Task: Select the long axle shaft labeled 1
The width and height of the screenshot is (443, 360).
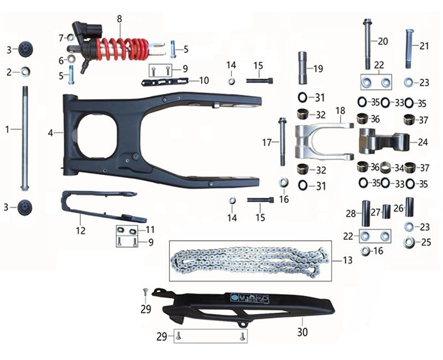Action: tap(25, 138)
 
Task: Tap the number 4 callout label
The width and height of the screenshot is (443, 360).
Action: tap(50, 132)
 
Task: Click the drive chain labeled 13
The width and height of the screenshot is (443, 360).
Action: tap(248, 261)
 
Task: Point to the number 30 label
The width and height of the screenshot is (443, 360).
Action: tap(302, 332)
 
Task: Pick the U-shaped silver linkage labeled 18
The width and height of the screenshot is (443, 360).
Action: tap(323, 141)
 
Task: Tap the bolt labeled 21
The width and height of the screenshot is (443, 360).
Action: tap(410, 49)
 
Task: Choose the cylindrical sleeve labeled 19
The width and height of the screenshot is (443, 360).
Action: tap(303, 68)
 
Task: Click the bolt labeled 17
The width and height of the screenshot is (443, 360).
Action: tap(282, 142)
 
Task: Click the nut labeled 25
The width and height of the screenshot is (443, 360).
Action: tap(409, 243)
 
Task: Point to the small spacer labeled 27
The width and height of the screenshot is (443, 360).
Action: tap(386, 212)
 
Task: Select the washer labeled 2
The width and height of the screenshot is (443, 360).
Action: tap(25, 72)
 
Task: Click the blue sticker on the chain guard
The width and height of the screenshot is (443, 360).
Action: tap(234, 297)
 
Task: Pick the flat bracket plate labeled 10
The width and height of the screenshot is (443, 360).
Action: tap(164, 82)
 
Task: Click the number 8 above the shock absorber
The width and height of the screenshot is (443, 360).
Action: tap(119, 19)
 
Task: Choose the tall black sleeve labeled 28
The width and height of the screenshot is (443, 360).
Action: tap(366, 213)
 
